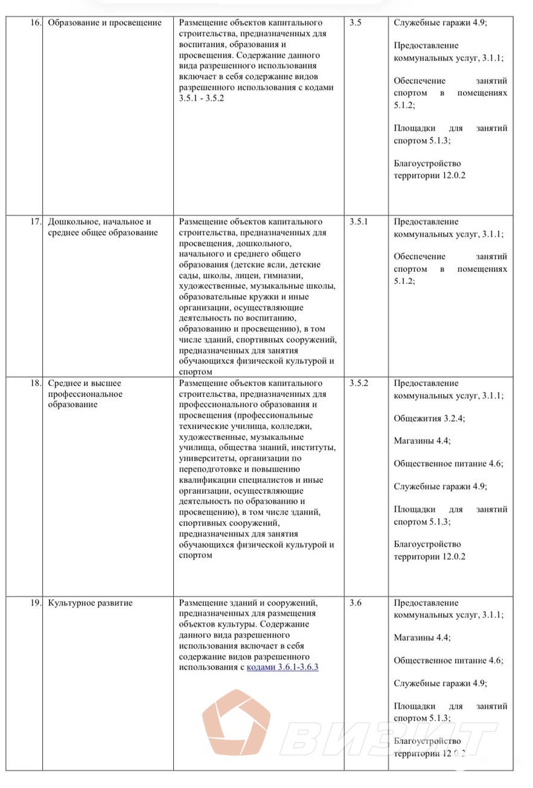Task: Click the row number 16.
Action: tap(36, 23)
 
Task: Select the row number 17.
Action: tap(36, 222)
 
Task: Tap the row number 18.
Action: tap(36, 383)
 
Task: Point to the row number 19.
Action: tap(36, 603)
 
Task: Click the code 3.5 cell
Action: tap(356, 23)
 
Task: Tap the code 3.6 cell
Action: tap(356, 603)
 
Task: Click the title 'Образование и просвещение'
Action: tap(105, 23)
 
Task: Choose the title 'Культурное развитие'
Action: tap(91, 603)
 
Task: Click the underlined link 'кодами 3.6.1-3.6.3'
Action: tap(282, 667)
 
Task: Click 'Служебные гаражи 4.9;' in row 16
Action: tap(440, 23)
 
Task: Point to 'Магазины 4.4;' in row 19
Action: tap(422, 638)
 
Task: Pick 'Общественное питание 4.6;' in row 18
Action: tap(448, 464)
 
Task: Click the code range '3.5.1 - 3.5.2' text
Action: tap(202, 98)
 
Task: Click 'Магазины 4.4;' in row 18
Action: tap(422, 441)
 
